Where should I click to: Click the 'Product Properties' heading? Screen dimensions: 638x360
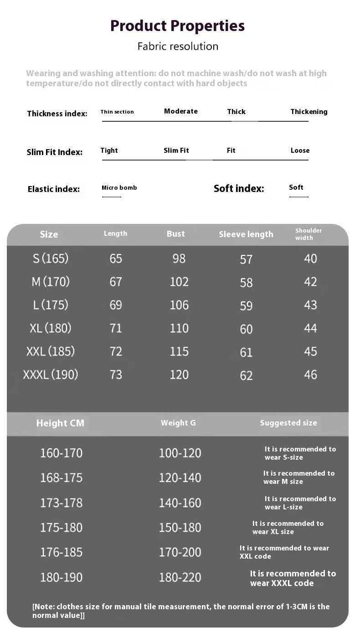click(178, 26)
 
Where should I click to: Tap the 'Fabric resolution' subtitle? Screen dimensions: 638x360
click(178, 47)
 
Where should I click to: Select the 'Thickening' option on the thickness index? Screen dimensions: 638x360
click(309, 112)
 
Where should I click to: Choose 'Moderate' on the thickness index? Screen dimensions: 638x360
click(181, 111)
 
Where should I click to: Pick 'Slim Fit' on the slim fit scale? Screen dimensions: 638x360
click(176, 150)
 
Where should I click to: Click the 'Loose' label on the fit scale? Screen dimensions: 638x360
click(300, 150)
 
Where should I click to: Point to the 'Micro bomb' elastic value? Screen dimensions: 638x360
click(119, 188)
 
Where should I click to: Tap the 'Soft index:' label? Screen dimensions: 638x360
click(239, 188)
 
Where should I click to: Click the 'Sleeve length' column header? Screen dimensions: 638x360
click(246, 234)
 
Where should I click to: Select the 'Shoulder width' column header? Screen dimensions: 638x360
click(309, 234)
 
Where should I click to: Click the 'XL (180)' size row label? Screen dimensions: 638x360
click(51, 328)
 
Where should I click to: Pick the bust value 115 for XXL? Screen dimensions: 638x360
click(179, 351)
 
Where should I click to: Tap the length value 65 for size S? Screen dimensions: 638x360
click(116, 259)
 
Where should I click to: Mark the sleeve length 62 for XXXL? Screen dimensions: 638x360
click(246, 375)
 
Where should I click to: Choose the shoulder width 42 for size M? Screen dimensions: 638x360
click(310, 282)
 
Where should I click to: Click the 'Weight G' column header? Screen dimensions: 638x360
click(178, 423)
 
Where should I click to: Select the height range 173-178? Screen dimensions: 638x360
click(62, 503)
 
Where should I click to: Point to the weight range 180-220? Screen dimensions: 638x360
click(180, 577)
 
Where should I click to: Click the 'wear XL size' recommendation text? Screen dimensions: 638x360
click(288, 528)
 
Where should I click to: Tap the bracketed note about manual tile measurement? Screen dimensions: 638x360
click(181, 611)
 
